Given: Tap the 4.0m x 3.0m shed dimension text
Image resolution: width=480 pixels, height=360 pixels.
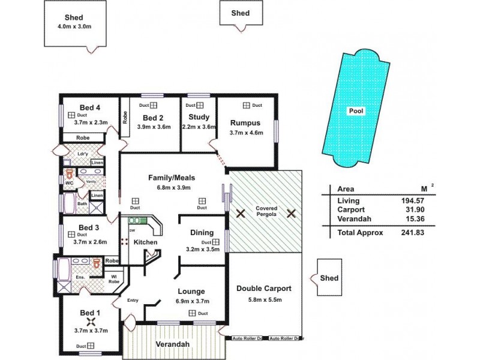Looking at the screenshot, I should (74, 27).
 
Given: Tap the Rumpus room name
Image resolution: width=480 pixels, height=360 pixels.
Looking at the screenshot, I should (245, 123).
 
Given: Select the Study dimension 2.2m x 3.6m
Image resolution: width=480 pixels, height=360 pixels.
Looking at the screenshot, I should (199, 127).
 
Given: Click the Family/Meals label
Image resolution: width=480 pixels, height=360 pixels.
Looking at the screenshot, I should (172, 178).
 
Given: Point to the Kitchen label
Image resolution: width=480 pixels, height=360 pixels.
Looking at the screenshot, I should (145, 242).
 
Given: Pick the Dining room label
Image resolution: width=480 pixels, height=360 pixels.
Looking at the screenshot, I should (202, 232).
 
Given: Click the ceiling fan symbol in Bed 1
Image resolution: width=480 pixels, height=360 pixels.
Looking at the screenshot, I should (91, 322).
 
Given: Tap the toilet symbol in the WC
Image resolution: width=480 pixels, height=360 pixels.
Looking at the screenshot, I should (70, 176).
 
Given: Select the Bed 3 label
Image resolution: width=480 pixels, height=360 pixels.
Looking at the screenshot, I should (89, 227).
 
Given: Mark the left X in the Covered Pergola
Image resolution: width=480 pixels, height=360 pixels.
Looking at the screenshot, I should (241, 213).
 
